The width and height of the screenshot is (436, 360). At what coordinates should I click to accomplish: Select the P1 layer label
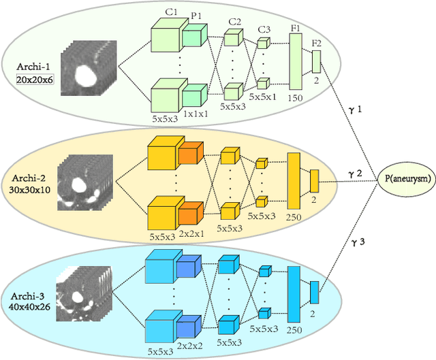pyautogui.click(x=196, y=20)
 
